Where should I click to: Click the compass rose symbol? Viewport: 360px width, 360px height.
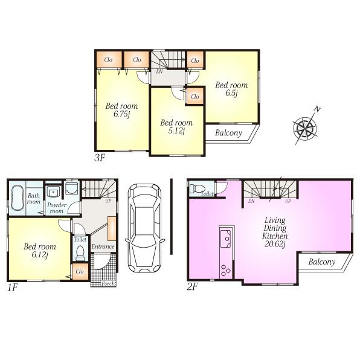tap(305, 127)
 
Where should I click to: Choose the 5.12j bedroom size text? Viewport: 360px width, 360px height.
tap(176, 131)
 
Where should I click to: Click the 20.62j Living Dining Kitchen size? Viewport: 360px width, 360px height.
tap(274, 245)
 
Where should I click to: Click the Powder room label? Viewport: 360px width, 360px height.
tap(56, 208)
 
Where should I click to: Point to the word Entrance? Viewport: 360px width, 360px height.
tap(103, 246)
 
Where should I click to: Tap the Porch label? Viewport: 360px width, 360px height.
tap(108, 283)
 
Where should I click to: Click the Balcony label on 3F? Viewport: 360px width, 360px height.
tap(229, 133)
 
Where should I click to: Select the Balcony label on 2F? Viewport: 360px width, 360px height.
tap(322, 262)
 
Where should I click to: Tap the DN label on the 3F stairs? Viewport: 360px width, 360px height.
tap(159, 72)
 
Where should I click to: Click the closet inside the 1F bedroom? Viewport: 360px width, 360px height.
tap(79, 272)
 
